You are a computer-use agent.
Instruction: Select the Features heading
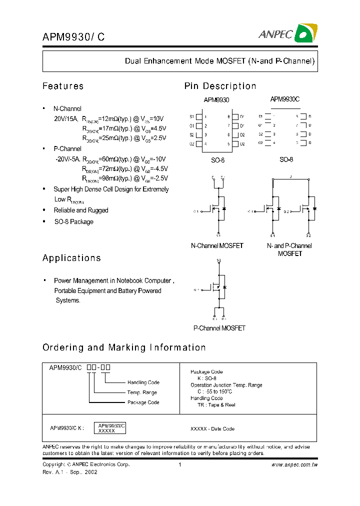(x=63, y=86)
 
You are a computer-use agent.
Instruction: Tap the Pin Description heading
(x=220, y=86)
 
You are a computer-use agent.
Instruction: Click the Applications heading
(x=71, y=258)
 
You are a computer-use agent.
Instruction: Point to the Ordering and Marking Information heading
(x=124, y=347)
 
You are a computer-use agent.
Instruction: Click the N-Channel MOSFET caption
(x=217, y=246)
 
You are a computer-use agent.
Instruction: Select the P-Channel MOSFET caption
(x=219, y=328)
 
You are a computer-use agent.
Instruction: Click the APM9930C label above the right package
(x=284, y=99)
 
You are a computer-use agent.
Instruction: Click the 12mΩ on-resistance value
(x=108, y=119)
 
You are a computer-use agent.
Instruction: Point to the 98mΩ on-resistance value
(x=108, y=178)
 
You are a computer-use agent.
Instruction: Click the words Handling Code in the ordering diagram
(x=143, y=382)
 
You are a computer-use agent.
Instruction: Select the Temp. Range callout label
(x=142, y=392)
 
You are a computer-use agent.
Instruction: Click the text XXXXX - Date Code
(x=212, y=429)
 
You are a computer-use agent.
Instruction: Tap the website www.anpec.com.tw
(x=294, y=464)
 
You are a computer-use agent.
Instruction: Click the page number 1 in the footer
(x=179, y=464)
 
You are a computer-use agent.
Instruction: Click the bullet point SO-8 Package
(x=73, y=221)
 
